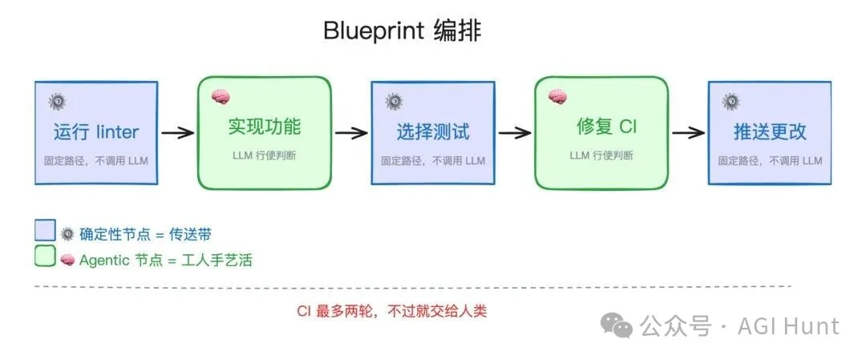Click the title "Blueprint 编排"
point(402,31)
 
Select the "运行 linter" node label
point(96,131)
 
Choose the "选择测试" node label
point(433,131)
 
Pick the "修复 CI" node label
point(607,126)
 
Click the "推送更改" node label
point(770,131)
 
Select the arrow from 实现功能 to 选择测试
point(351,132)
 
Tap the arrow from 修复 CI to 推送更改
point(687,132)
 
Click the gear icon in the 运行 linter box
point(56,101)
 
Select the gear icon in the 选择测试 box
point(393,101)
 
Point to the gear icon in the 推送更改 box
point(730,101)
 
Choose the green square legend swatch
point(45,257)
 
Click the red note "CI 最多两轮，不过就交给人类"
point(392,311)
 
